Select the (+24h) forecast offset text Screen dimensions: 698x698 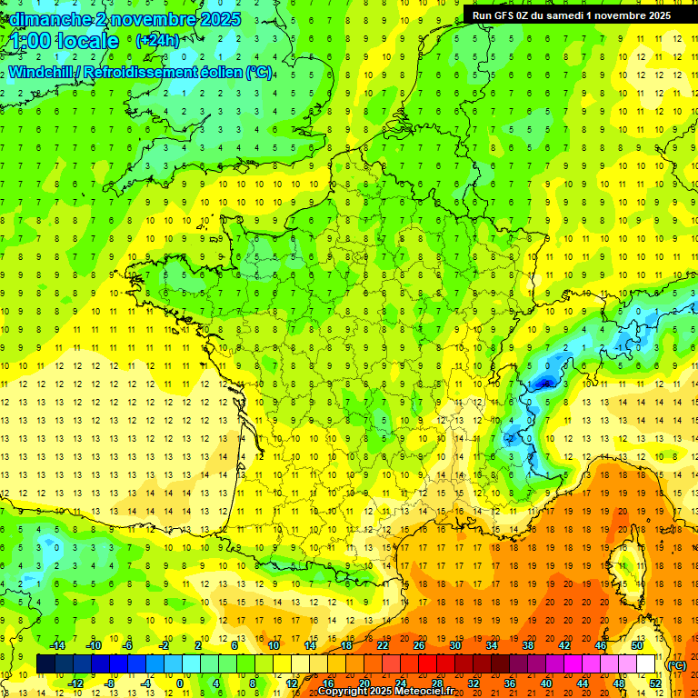point(157,40)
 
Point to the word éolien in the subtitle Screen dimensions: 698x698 point(214,72)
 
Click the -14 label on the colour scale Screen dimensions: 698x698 point(56,644)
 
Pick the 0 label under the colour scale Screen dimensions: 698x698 point(179,683)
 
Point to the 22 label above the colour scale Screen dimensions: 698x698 point(383,644)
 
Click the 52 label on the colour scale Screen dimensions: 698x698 point(655,683)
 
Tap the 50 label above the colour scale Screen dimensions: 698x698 point(637,644)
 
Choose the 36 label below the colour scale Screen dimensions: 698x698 point(510,683)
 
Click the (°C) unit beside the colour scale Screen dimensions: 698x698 point(677,664)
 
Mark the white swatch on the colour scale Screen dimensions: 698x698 point(645,663)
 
